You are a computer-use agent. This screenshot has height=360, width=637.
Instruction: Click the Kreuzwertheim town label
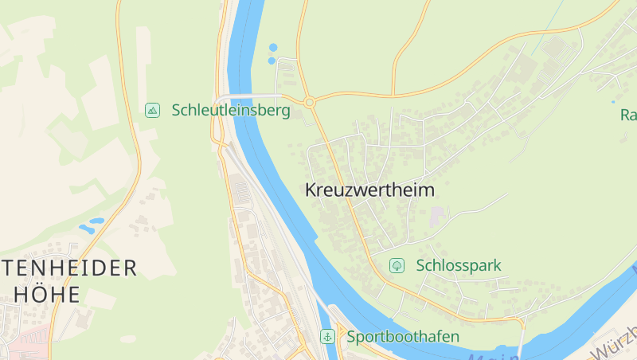(369, 190)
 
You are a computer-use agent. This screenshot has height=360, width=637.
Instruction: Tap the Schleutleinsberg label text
(231, 111)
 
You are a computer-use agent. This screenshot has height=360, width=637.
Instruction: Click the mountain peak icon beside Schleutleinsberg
(152, 111)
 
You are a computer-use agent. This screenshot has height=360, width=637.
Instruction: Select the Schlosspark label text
(459, 265)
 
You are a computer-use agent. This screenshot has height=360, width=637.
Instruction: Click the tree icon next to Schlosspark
(396, 265)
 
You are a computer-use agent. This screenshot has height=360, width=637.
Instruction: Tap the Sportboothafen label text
(403, 336)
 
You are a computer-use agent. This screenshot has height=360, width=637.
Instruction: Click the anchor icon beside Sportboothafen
(326, 336)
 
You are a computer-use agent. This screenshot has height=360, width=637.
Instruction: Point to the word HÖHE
(48, 294)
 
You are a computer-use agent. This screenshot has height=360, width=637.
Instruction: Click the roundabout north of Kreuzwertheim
(310, 102)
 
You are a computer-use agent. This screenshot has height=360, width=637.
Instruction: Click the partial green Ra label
(627, 115)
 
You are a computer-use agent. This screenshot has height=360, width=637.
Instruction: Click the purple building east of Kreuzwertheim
(437, 216)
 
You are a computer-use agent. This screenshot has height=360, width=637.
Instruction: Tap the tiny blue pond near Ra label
(612, 102)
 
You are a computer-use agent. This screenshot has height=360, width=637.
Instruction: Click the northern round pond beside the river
(273, 48)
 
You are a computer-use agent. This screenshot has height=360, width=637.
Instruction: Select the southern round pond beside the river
(272, 61)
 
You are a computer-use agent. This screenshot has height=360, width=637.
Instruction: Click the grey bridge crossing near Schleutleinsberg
(239, 98)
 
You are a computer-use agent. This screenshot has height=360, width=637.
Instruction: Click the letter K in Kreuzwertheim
(311, 190)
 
